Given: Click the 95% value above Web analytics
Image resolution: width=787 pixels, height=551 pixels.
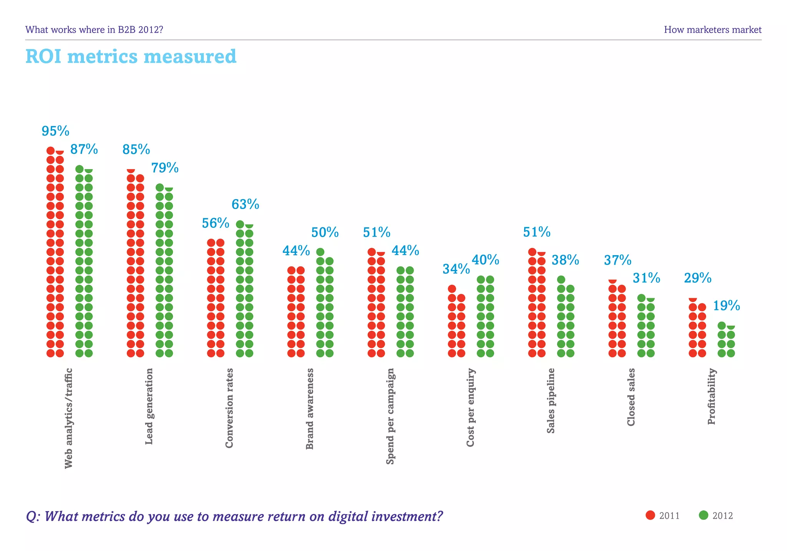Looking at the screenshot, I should click(55, 131).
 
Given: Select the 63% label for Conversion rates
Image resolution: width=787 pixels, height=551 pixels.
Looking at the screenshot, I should click(245, 204).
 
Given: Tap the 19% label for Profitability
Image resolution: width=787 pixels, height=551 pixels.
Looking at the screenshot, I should click(726, 306).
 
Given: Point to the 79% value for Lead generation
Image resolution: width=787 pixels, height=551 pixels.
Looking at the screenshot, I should click(164, 168).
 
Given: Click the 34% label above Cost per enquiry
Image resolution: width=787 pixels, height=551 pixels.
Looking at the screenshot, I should click(456, 269).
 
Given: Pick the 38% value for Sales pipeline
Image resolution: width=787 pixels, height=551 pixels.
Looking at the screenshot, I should click(565, 260).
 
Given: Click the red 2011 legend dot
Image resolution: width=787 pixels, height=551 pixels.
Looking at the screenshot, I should click(650, 515).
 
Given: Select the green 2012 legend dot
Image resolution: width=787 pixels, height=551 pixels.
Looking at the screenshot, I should click(703, 515).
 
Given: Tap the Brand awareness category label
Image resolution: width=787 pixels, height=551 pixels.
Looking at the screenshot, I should click(310, 409).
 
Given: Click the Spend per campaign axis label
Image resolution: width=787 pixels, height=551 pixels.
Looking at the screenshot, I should click(390, 416).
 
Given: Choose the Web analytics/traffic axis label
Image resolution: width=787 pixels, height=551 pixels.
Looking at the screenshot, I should click(68, 418).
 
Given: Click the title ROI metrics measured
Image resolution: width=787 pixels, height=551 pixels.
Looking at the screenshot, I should click(131, 56).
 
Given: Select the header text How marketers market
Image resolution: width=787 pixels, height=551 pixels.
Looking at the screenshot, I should click(712, 30).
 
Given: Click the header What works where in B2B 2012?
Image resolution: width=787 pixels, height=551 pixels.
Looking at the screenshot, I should click(94, 30).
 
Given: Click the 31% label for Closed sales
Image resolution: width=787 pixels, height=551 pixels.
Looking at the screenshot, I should click(646, 278).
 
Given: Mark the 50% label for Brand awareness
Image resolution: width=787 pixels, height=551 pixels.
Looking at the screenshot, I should click(325, 232).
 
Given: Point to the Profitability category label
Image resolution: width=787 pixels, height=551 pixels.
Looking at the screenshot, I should click(712, 396).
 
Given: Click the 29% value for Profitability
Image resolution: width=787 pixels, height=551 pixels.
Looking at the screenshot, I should click(697, 278).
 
